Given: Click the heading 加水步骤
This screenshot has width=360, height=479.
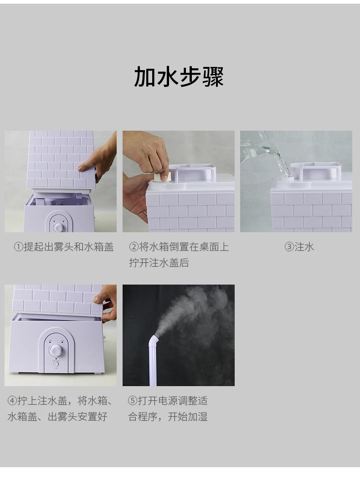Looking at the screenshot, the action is [x=179, y=76].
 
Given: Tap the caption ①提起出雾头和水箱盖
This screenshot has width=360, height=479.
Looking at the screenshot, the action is [x=64, y=247].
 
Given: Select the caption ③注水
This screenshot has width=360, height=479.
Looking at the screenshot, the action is [x=299, y=247].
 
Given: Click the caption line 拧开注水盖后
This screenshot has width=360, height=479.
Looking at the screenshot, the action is [x=159, y=263].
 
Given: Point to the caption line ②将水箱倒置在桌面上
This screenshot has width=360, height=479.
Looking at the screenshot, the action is [x=179, y=247].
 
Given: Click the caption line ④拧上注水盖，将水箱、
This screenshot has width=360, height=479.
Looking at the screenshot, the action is [x=60, y=401].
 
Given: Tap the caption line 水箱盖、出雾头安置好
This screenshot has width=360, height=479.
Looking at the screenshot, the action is [x=57, y=416].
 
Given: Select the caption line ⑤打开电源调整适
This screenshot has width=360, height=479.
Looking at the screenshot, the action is [x=168, y=401].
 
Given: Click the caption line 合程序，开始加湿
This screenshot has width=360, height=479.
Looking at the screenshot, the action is [x=168, y=416].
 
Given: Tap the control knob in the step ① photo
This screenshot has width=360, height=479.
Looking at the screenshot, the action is [x=59, y=227].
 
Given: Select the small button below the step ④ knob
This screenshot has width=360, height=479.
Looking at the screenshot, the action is [x=56, y=364].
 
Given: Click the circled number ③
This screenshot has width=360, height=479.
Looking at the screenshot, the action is [x=289, y=247].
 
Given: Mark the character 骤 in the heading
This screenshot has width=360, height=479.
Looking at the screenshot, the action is [x=213, y=76].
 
